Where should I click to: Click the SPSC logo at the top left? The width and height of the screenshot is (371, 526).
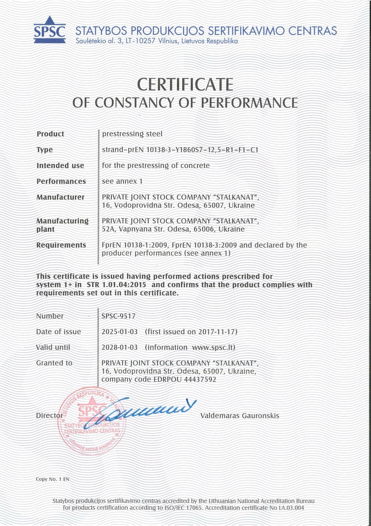tap(50, 30)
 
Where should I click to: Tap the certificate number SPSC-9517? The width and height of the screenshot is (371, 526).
tap(118, 316)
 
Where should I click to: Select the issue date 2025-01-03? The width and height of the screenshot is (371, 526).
tap(120, 332)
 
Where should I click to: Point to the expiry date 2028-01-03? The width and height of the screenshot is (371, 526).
tap(120, 348)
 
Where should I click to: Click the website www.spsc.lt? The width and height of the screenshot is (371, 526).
tap(213, 348)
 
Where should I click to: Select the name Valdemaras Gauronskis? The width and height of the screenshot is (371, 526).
tap(240, 416)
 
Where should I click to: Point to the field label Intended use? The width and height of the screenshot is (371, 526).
tap(60, 166)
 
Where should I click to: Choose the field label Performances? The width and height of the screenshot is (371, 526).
tap(61, 181)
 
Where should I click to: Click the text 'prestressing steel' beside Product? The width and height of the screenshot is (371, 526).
tap(132, 134)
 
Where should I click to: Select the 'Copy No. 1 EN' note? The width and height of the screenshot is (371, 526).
tap(53, 479)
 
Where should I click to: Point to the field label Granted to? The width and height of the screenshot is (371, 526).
tap(54, 363)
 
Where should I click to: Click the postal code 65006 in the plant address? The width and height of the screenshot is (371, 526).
tap(204, 229)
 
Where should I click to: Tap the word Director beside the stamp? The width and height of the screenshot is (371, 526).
tap(49, 416)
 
